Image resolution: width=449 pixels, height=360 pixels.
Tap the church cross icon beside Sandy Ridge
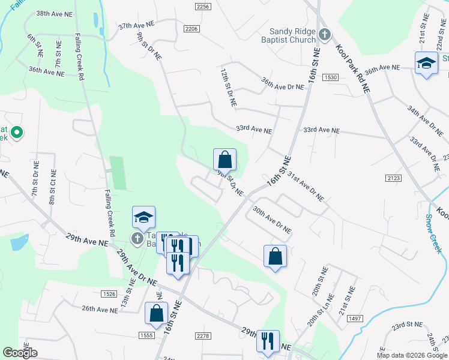coord(324,35)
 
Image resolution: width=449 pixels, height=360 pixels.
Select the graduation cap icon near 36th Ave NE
coord(426,63)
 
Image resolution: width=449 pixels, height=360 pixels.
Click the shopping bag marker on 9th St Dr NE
coord(224,160)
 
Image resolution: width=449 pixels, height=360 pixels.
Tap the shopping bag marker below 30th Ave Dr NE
coord(275,256)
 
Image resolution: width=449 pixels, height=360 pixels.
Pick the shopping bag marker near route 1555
coord(156,313)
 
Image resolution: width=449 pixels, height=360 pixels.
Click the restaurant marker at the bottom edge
coord(267,341)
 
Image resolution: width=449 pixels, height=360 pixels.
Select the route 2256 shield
coord(203,6)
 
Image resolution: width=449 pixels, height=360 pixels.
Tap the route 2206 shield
coord(191,28)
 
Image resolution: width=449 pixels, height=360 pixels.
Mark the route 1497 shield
coord(355,319)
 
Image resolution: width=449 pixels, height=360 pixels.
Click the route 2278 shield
coord(203,335)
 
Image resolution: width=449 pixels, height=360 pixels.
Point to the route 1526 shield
coord(109,293)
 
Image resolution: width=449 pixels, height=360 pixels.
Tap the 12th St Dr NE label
coord(228,88)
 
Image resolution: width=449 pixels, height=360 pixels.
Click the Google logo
coord(20,353)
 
